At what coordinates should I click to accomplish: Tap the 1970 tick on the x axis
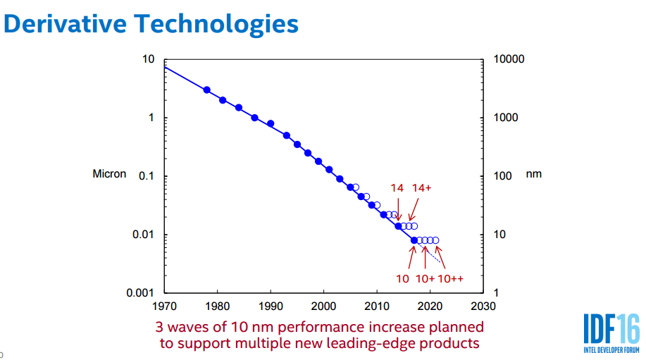pyautogui.click(x=163, y=306)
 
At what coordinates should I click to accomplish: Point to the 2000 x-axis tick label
pyautogui.click(x=323, y=306)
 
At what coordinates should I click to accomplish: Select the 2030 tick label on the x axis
pyautogui.click(x=484, y=306)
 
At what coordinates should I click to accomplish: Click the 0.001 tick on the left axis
pyautogui.click(x=140, y=293)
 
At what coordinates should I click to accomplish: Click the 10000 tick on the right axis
pyautogui.click(x=509, y=59)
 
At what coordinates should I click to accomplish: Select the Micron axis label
pyautogui.click(x=109, y=174)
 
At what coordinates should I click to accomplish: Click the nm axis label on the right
pyautogui.click(x=534, y=174)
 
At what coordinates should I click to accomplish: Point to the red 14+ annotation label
pyautogui.click(x=421, y=187)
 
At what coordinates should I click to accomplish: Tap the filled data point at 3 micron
pyautogui.click(x=206, y=90)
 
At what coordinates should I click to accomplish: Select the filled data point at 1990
pyautogui.click(x=271, y=123)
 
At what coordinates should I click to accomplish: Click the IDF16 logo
pyautogui.click(x=611, y=332)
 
